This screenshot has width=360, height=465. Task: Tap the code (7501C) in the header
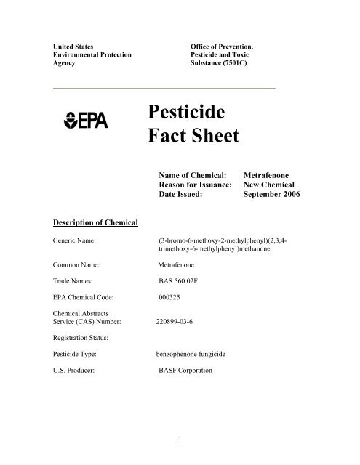pyautogui.click(x=245, y=63)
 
